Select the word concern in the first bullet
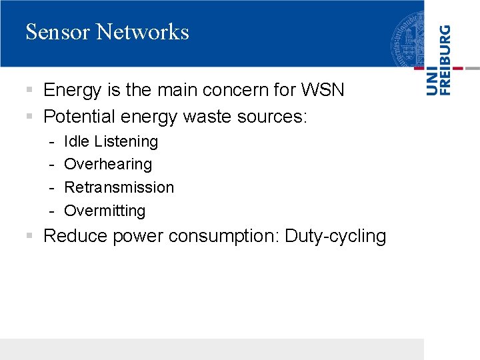[237, 90]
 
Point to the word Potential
[79, 117]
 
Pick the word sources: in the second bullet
[272, 117]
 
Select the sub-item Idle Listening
[111, 141]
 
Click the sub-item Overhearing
[108, 164]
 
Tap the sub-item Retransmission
[119, 187]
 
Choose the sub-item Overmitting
[105, 211]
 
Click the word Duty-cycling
[335, 237]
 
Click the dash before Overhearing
[51, 165]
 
